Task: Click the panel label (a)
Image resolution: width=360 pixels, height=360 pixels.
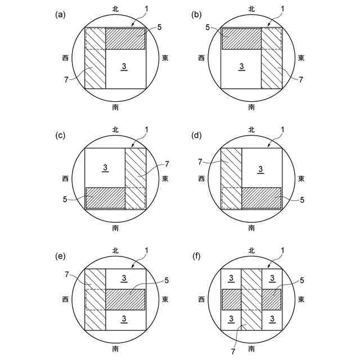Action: [60, 15]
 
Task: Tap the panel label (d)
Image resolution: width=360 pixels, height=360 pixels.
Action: [196, 136]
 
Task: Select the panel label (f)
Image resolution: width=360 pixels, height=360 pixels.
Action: [196, 256]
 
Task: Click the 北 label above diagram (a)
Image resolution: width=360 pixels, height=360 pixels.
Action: [115, 10]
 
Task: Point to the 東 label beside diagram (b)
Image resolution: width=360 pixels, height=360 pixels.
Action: [301, 58]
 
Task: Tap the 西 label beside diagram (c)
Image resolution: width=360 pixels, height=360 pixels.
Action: [66, 179]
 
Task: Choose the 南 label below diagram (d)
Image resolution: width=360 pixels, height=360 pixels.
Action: [251, 228]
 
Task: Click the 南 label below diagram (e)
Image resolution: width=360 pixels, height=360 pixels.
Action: [115, 349]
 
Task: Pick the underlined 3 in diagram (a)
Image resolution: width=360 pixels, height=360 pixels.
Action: [124, 67]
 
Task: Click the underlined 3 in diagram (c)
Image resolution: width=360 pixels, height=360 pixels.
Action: [105, 167]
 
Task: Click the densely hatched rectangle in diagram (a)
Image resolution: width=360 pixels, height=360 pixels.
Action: [125, 38]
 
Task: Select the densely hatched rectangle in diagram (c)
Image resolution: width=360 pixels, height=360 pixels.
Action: [105, 197]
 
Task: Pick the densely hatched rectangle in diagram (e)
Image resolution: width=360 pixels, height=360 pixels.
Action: [125, 299]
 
